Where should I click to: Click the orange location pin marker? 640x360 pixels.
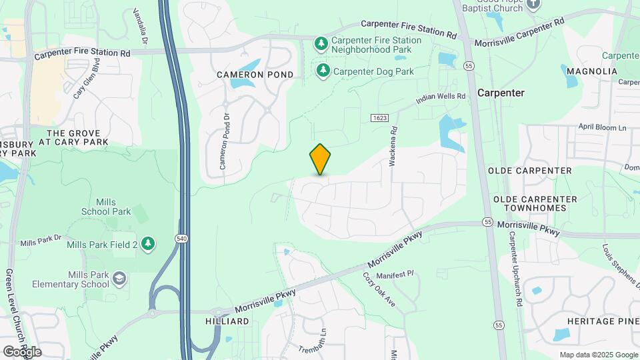(x=320, y=159)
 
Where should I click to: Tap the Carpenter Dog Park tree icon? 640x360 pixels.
(x=323, y=71)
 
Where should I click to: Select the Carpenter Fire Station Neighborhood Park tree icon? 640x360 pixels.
(x=321, y=44)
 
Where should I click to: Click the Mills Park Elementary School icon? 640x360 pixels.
(x=119, y=278)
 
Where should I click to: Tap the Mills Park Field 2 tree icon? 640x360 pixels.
(x=147, y=244)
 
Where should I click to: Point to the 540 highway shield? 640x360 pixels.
(x=181, y=238)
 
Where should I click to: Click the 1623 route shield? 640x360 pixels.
(x=379, y=118)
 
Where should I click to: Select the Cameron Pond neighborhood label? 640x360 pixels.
(x=255, y=75)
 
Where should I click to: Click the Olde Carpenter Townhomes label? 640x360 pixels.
(x=530, y=203)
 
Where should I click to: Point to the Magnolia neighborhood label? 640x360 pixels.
(x=593, y=71)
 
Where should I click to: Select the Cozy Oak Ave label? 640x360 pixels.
(x=379, y=289)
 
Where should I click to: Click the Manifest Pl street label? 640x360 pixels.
(x=395, y=274)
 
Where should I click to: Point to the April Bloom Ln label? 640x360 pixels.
(x=603, y=127)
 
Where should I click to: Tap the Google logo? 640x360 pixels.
(x=22, y=351)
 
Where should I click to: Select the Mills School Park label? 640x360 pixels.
(x=106, y=207)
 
